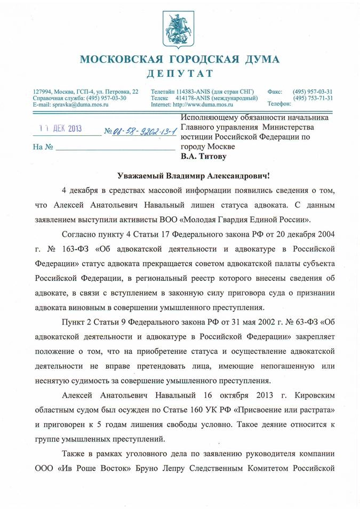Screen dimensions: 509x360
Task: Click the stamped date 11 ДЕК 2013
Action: tap(61, 129)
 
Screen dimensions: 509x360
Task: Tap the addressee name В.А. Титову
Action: tap(204, 157)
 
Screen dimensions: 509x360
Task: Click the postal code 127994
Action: tap(43, 92)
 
